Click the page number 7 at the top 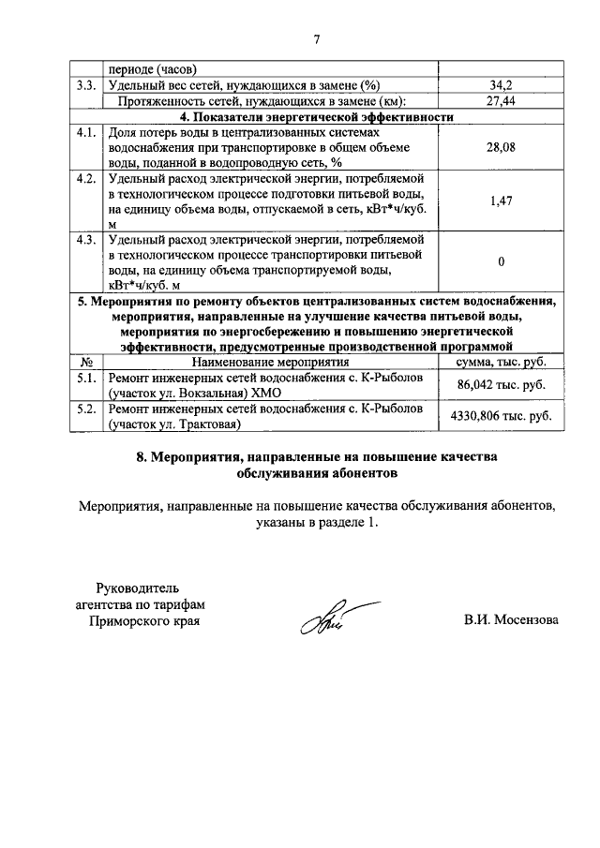click(316, 39)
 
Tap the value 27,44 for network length click(501, 101)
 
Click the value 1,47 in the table click(501, 201)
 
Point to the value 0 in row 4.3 click(501, 261)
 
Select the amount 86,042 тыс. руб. click(501, 384)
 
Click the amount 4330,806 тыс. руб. click(501, 415)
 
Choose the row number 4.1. click(87, 132)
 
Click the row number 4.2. click(87, 178)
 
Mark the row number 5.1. click(87, 377)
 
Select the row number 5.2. click(87, 409)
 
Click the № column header click(87, 362)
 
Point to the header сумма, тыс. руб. click(501, 362)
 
